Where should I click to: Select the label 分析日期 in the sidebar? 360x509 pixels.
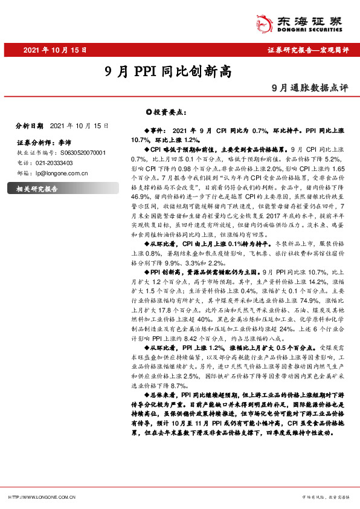pos(29,126)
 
